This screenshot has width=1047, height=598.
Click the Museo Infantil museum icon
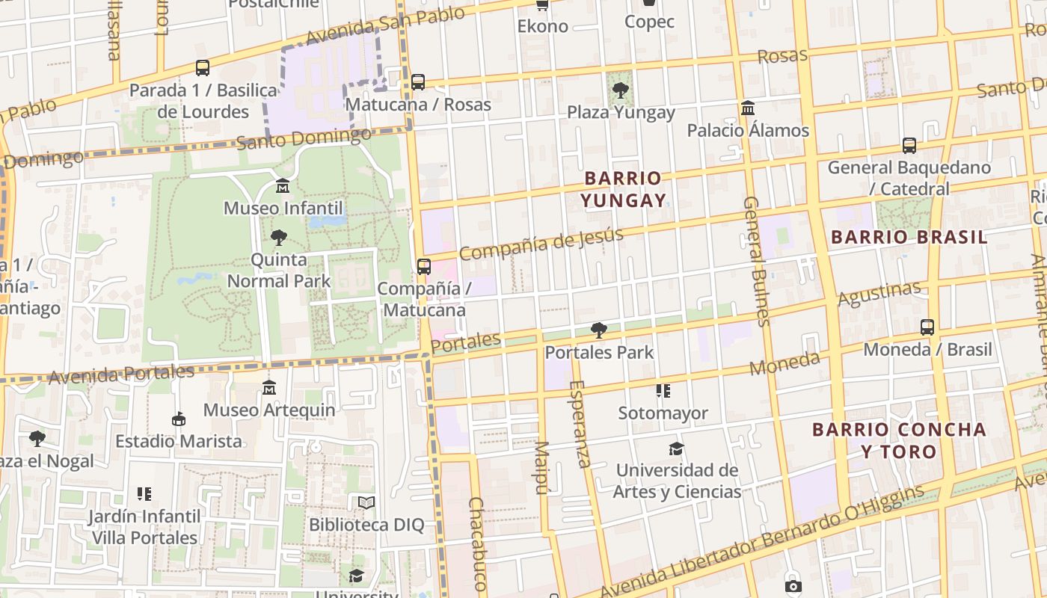283,185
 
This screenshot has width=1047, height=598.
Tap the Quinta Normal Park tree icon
278,238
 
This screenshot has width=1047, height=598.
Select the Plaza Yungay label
620,113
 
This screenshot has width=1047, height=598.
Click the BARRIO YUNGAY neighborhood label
623,189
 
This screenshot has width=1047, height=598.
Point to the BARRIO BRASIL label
909,237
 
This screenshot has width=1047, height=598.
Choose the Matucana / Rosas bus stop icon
417,82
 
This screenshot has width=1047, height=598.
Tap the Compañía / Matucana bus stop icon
423,266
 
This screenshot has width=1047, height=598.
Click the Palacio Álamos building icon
747,108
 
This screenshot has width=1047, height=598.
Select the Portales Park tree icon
598,330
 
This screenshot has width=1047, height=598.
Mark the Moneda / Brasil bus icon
927,327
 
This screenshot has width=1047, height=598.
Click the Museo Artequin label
269,410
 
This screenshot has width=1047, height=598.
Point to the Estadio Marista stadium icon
178,419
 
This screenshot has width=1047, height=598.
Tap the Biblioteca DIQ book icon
366,502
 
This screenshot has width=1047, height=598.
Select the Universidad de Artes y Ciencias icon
676,449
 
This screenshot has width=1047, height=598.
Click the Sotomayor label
663,413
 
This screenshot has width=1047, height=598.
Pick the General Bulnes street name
755,262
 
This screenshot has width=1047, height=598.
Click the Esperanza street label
580,424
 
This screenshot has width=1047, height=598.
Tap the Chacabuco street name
477,544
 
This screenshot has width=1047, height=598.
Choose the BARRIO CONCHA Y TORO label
899,440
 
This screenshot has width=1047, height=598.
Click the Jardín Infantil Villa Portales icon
144,494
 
